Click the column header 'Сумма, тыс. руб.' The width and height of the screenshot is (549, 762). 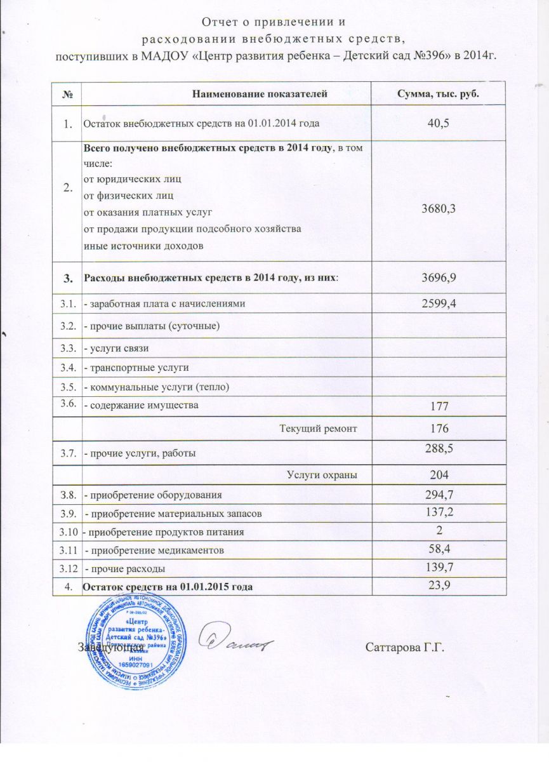pyautogui.click(x=437, y=94)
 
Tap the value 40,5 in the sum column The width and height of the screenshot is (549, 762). pyautogui.click(x=438, y=123)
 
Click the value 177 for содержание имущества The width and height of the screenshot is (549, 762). pyautogui.click(x=438, y=406)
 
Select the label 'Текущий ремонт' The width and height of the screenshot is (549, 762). pyautogui.click(x=318, y=429)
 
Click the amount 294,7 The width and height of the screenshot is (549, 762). pyautogui.click(x=438, y=493)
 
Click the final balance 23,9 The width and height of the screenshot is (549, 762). pyautogui.click(x=438, y=585)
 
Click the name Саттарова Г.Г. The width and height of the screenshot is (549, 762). pyautogui.click(x=403, y=648)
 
